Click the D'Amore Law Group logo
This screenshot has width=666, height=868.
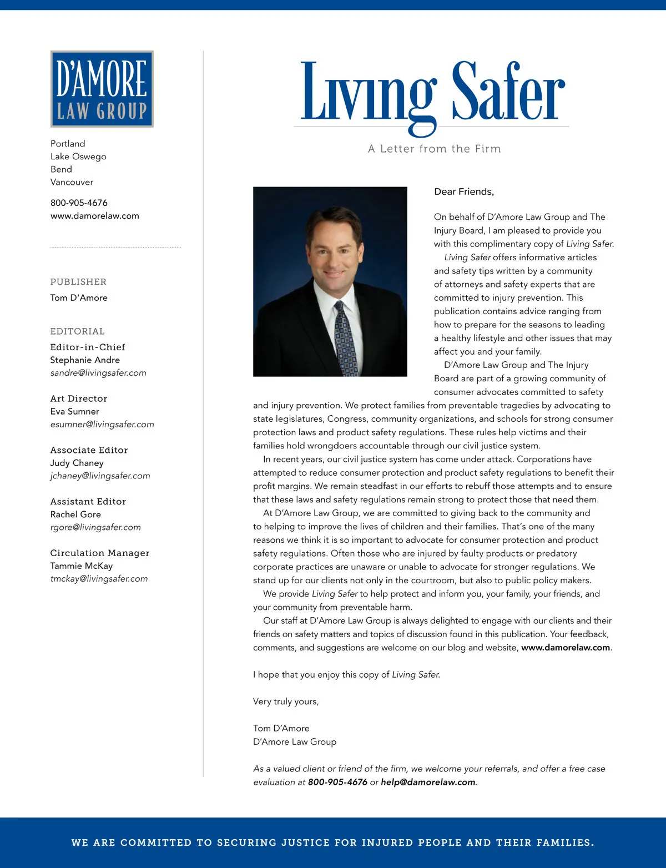coord(102,89)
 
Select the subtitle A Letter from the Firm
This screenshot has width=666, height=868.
coord(434,149)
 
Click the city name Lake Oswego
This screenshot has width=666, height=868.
coord(78,157)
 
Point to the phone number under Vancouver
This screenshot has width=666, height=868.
coord(79,203)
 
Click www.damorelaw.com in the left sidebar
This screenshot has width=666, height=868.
coord(94,216)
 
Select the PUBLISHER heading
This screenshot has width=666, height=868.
coord(78,282)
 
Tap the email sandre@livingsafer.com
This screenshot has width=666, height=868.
coord(98,373)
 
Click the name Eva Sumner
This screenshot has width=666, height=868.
coord(74,411)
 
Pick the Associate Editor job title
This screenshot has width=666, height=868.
coord(89,450)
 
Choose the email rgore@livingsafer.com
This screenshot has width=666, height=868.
coord(95,527)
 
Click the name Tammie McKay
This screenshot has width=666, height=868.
coord(81,566)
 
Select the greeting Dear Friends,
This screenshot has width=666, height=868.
coord(463,192)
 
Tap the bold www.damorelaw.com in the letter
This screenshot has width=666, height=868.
coord(565,648)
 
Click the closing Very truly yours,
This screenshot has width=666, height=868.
coord(286,702)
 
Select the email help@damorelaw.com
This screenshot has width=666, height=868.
coord(428,782)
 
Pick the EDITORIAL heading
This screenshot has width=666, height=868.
coord(77,331)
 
